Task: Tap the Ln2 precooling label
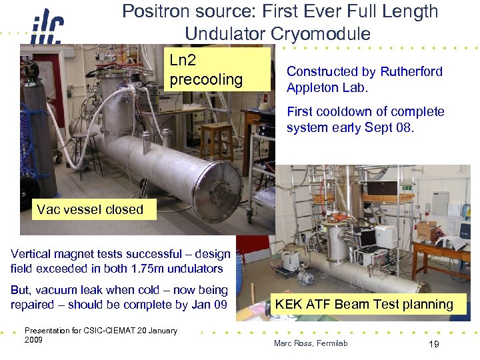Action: [205, 70]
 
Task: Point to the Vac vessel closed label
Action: [90, 209]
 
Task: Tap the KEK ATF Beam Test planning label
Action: [364, 305]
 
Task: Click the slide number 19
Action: [433, 344]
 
